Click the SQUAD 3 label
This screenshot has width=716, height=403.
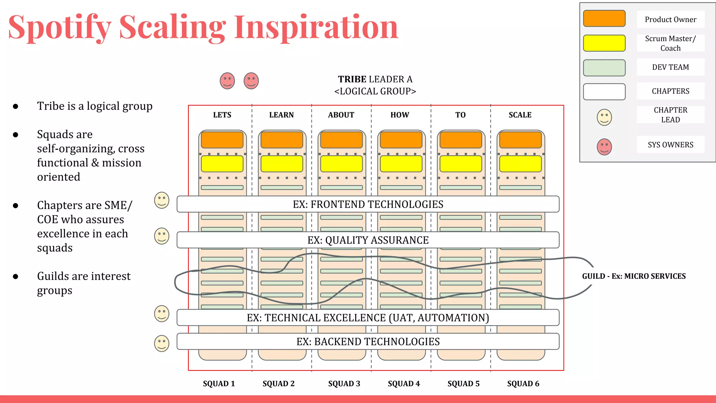344,384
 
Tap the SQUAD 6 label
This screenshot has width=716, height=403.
523,384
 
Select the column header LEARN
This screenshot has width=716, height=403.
281,115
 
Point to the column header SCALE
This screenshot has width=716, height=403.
520,115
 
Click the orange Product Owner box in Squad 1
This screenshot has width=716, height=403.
222,140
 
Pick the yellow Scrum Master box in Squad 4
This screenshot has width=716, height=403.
401,164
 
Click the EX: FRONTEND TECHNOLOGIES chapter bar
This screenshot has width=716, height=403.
368,204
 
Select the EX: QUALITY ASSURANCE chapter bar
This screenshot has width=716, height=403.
368,240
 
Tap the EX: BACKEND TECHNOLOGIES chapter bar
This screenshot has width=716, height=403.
368,341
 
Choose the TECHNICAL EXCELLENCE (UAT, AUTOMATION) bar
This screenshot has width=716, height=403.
368,318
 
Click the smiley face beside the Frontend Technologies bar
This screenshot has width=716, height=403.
162,200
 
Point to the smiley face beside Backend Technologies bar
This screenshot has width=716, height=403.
162,344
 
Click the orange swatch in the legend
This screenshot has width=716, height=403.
604,19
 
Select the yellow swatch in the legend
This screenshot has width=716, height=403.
604,43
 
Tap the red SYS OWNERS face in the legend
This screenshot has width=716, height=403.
604,147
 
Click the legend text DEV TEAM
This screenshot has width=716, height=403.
670,67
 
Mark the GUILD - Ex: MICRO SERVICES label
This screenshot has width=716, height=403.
633,276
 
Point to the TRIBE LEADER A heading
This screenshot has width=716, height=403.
375,79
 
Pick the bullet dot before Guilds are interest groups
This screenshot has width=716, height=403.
15,277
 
